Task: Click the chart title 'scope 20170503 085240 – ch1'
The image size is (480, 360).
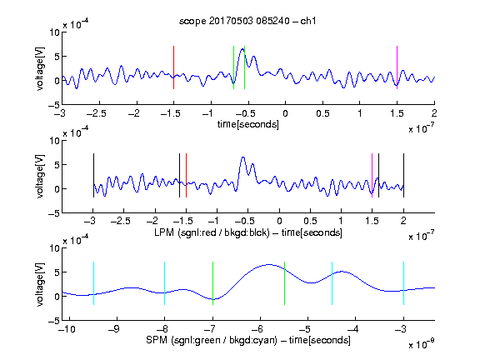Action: [247, 21]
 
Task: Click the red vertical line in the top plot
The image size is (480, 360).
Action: [173, 67]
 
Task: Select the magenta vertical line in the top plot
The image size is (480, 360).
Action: [397, 67]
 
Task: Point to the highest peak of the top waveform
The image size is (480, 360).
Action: [242, 48]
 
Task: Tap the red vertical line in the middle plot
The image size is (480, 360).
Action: [186, 175]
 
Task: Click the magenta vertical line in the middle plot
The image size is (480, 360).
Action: [372, 175]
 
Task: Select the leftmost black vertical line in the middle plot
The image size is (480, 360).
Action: [93, 175]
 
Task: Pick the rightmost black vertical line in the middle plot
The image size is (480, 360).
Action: [403, 175]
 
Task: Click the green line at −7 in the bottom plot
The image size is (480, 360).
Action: [212, 283]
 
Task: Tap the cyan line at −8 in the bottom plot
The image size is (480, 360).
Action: [164, 283]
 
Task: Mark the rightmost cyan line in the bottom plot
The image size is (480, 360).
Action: [403, 283]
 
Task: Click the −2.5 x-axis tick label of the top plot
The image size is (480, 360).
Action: [96, 113]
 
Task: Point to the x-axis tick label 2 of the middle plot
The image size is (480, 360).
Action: [403, 221]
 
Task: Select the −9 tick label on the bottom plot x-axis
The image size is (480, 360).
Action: [114, 329]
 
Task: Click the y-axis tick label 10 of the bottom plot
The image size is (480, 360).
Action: [55, 248]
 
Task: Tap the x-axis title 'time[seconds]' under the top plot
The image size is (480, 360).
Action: [248, 124]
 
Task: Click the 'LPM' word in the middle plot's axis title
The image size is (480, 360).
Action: [164, 232]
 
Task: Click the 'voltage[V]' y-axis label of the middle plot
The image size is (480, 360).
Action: [40, 177]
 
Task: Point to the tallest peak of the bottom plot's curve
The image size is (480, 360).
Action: [269, 264]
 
